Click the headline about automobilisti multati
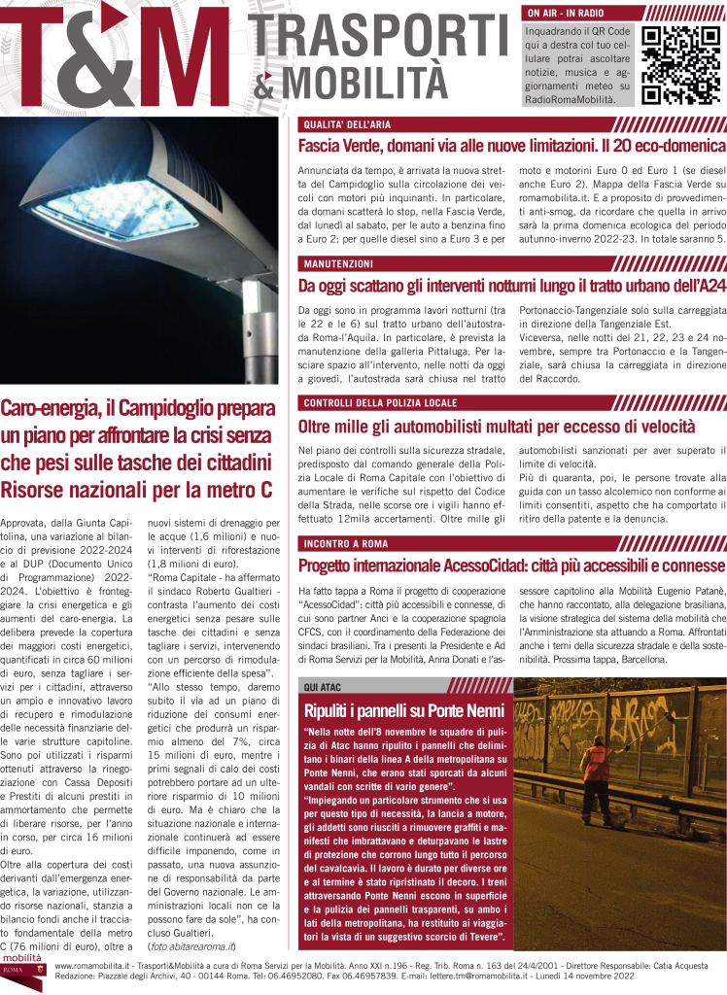pos(497,425)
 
